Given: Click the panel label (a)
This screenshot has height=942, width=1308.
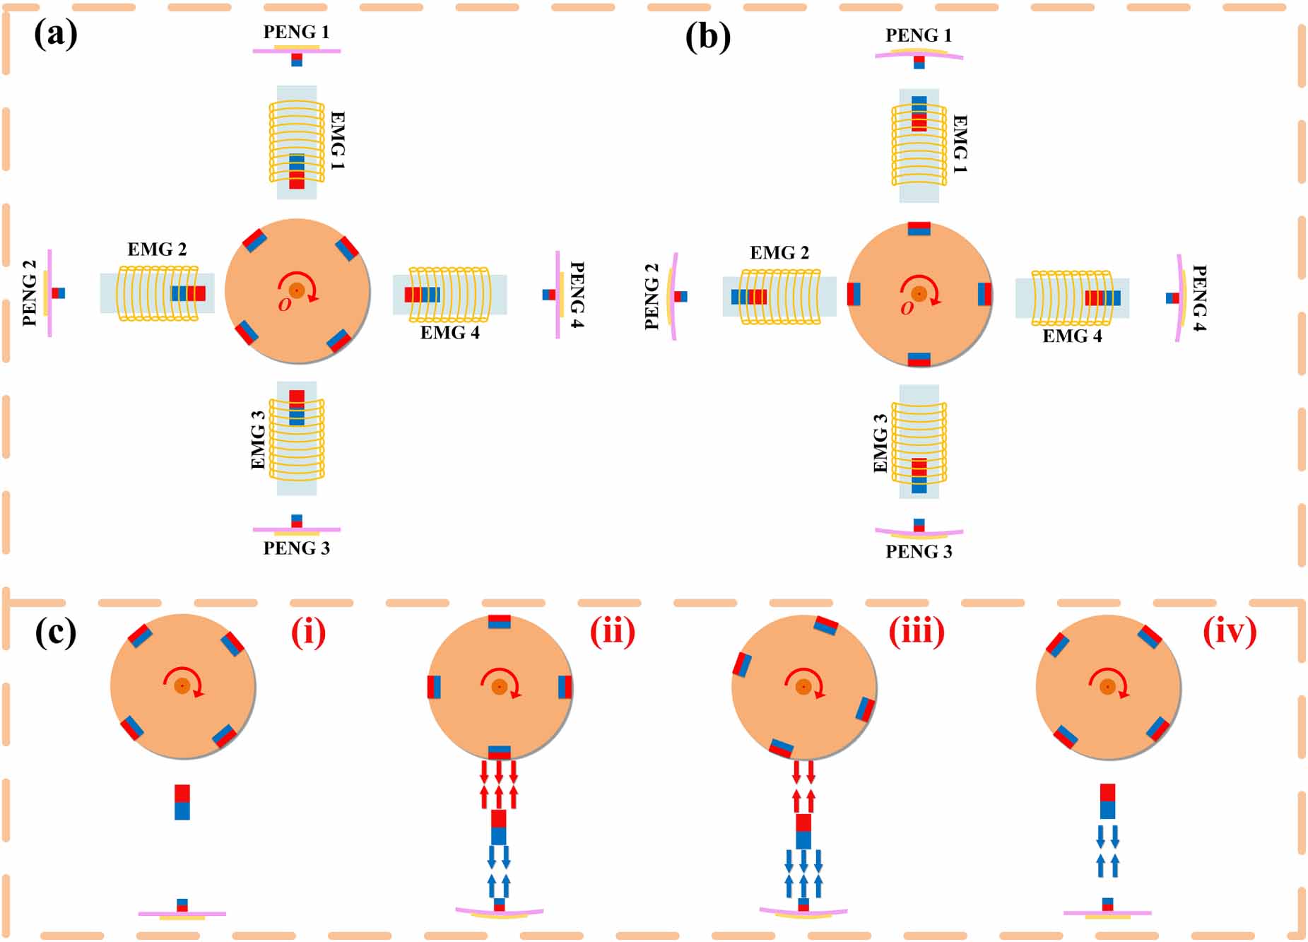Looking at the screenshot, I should [55, 34].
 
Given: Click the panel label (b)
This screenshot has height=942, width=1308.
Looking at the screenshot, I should [707, 37].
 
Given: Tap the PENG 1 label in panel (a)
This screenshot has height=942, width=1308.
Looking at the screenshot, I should [296, 32].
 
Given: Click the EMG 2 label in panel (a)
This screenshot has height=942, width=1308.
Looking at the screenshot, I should [157, 249].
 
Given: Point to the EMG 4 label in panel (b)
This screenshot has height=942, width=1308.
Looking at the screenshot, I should [1072, 336].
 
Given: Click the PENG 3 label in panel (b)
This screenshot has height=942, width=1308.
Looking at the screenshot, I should [919, 552].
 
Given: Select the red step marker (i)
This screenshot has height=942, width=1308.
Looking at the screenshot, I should [308, 632].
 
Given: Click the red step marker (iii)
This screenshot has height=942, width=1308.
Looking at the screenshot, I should [916, 632].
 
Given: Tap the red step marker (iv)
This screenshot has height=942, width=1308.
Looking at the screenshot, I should [1230, 632].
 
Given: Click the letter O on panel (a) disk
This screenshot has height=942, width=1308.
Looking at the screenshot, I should [284, 305].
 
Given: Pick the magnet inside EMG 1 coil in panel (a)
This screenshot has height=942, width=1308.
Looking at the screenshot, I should [297, 172].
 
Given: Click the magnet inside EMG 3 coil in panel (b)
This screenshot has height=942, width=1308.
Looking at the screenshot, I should [919, 476].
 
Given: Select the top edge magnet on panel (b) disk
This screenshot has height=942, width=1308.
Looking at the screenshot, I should [919, 228].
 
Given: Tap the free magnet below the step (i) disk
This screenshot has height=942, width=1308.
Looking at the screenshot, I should [182, 802].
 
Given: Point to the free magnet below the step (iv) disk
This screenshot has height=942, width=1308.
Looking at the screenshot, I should [1107, 801].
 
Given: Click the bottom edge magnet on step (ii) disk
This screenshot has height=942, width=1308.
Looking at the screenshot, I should [500, 753].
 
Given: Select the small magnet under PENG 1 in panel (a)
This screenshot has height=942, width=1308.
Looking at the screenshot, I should [297, 60].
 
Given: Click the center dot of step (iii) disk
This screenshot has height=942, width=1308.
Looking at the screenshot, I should [803, 687].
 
